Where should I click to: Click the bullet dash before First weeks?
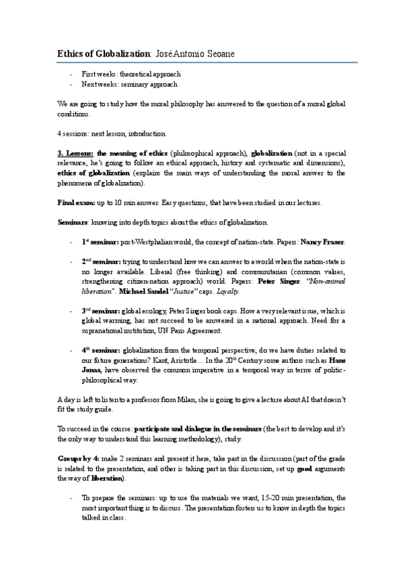(71, 74)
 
